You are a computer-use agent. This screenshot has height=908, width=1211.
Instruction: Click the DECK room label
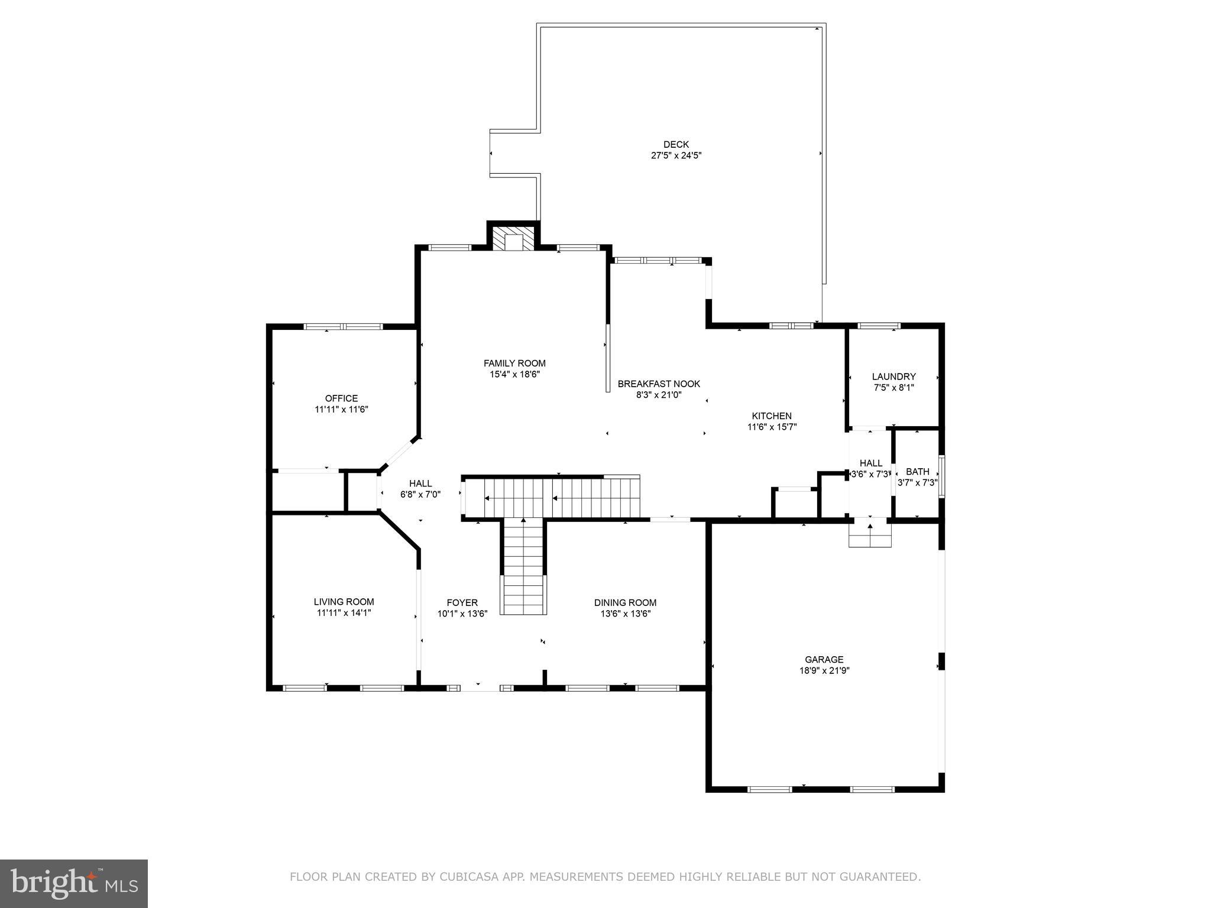click(x=676, y=144)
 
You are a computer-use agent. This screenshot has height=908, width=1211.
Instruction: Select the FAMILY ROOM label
click(x=514, y=363)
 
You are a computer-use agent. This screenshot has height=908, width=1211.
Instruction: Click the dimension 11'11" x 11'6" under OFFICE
click(x=341, y=409)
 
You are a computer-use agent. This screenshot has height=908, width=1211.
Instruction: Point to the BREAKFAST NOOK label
click(x=659, y=384)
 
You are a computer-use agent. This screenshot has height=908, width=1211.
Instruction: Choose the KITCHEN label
click(x=772, y=416)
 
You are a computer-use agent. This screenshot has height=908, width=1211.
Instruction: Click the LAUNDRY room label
click(x=893, y=377)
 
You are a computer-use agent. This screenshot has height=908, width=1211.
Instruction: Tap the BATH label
click(x=917, y=472)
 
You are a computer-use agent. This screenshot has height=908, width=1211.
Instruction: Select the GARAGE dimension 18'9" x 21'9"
click(x=824, y=670)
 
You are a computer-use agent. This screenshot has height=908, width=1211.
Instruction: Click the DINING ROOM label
click(x=625, y=602)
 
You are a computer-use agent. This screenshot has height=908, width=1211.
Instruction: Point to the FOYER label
click(x=462, y=602)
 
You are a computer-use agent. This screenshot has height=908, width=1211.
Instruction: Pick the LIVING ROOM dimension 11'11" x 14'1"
click(x=344, y=613)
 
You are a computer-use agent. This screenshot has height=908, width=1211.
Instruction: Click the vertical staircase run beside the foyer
click(x=523, y=567)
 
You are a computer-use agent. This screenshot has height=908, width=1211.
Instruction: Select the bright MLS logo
click(x=73, y=884)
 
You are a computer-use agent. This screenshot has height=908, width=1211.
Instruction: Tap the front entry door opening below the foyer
click(x=479, y=688)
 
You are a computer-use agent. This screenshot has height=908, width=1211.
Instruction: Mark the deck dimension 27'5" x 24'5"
click(x=676, y=155)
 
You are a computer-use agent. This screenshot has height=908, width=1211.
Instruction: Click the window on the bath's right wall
click(x=942, y=475)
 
